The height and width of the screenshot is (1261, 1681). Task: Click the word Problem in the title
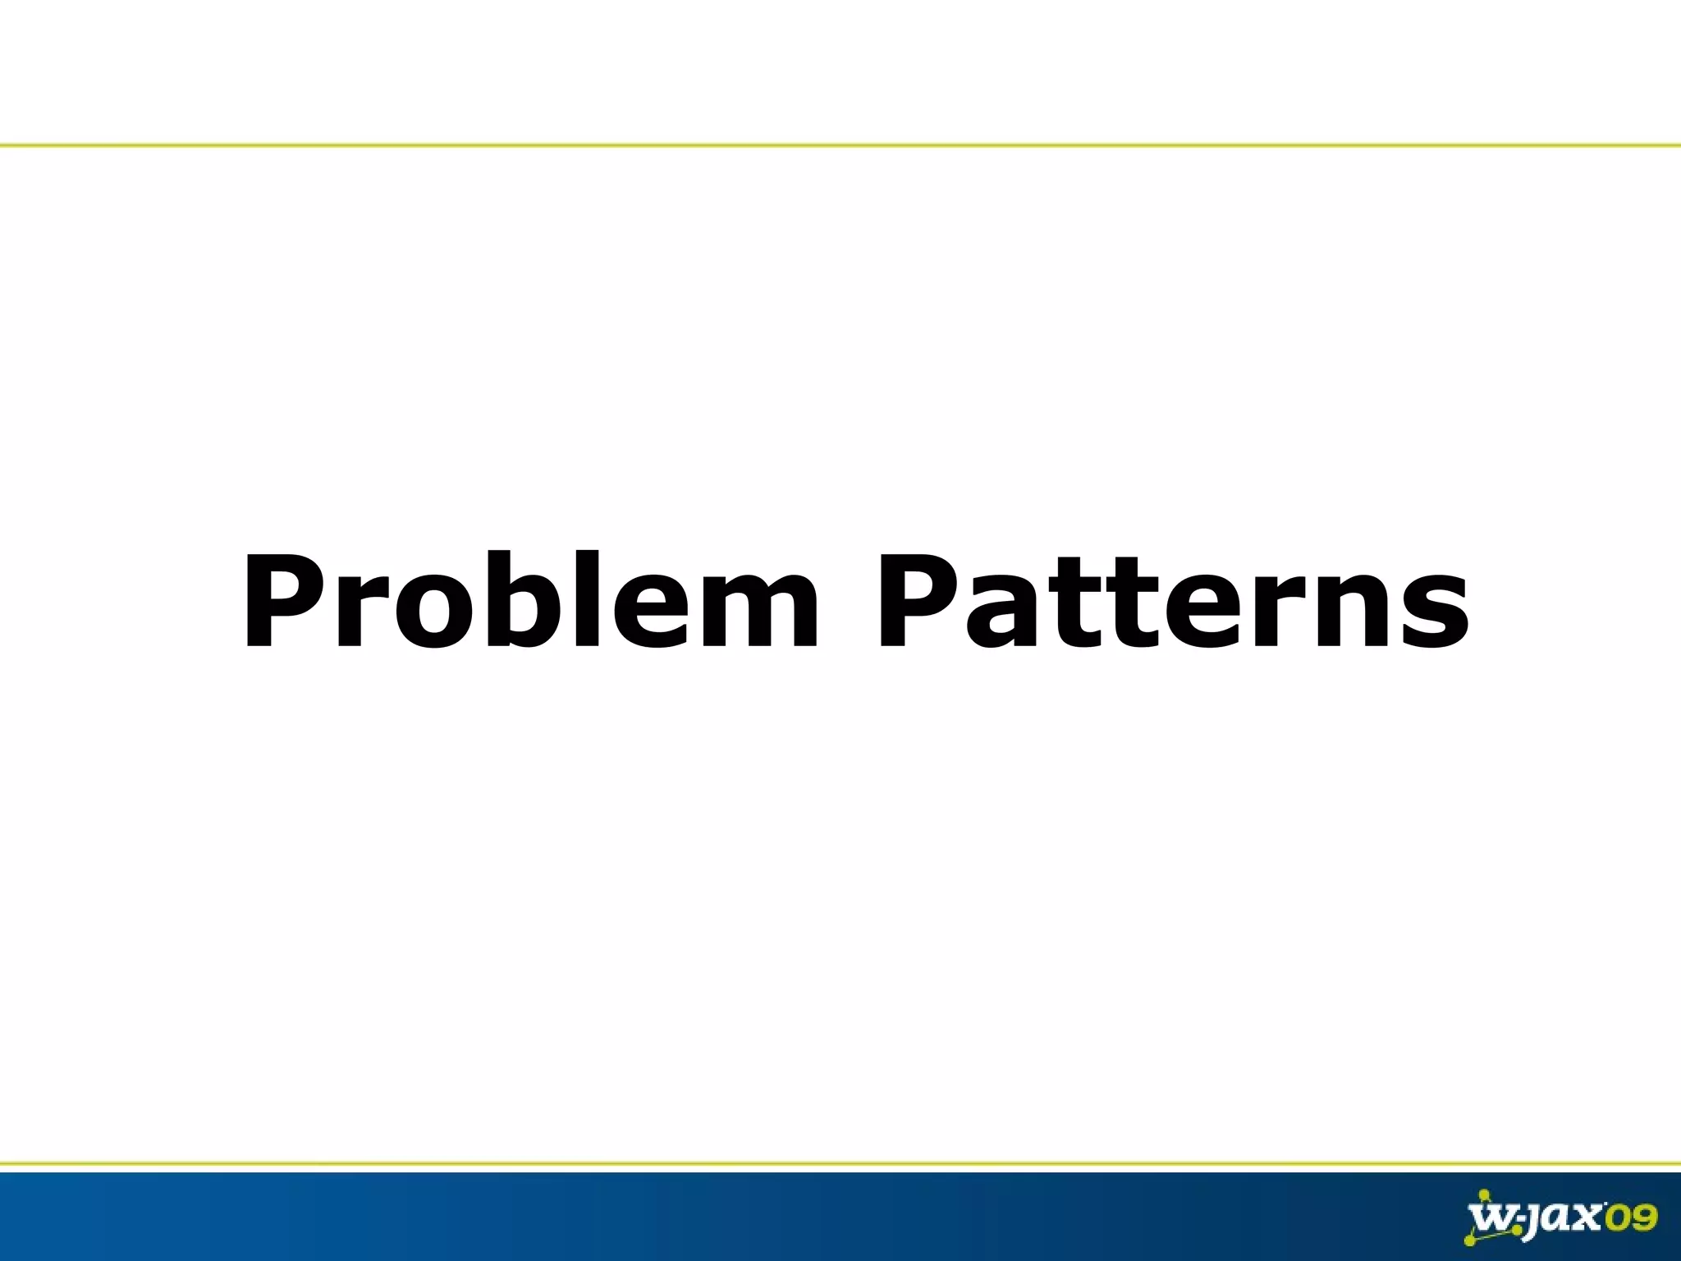click(x=530, y=602)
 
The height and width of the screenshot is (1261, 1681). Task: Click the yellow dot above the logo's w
click(x=1483, y=1195)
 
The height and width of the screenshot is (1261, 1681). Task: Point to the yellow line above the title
click(x=840, y=145)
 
